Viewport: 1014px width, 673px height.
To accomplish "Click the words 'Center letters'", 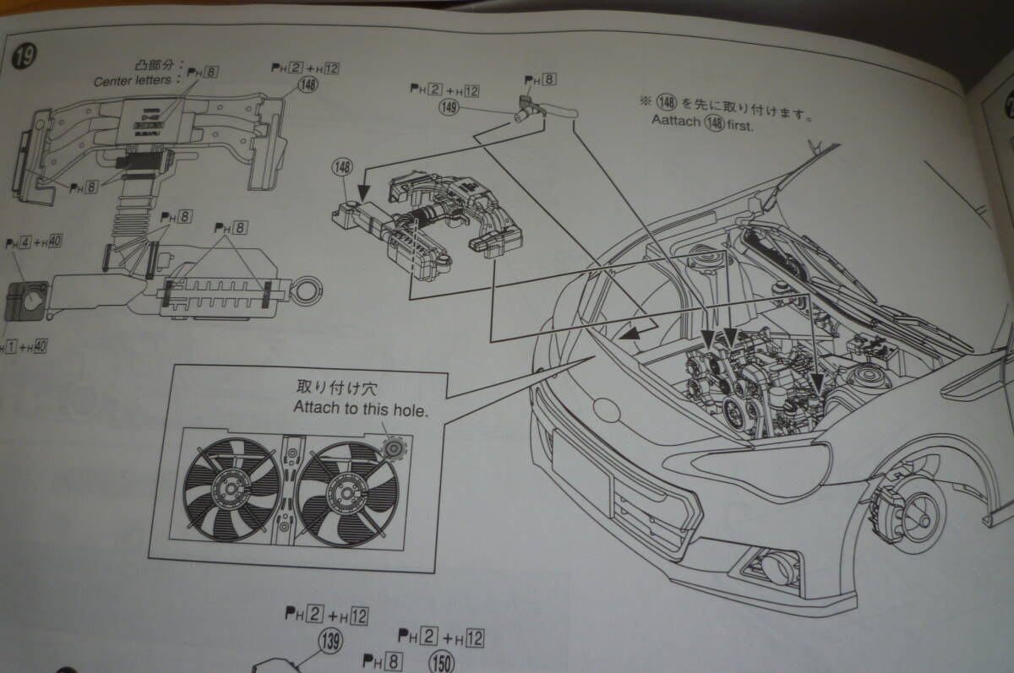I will tap(137, 81).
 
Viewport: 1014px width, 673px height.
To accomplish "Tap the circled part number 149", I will tap(450, 106).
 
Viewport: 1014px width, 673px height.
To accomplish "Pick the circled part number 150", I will tap(441, 660).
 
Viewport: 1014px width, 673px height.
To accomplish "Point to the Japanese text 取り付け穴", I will tap(326, 389).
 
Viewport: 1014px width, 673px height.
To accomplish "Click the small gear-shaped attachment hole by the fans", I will tap(392, 447).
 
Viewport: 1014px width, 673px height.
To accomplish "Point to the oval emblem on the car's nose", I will tap(608, 410).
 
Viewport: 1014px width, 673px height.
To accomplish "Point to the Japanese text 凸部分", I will tap(152, 65).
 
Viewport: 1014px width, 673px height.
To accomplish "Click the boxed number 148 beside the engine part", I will tap(342, 169).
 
